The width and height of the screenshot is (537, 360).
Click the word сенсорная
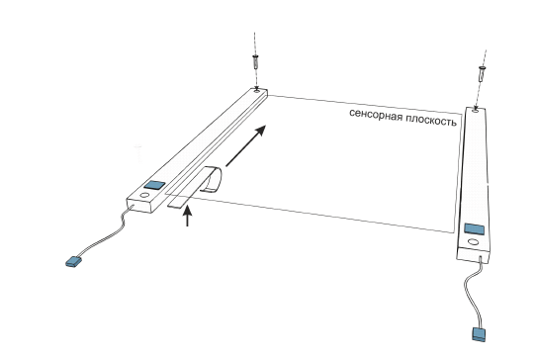[x=376, y=115]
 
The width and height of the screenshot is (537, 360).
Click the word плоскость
[x=431, y=121]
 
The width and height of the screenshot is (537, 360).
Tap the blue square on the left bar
[x=154, y=185]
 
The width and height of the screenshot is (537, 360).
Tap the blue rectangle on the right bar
[x=475, y=228]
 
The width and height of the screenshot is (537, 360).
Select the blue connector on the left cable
[x=73, y=262]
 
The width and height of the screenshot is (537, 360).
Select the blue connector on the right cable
[x=479, y=334]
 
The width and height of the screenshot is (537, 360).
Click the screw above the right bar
[x=483, y=74]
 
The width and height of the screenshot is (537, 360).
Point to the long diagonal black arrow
[x=245, y=146]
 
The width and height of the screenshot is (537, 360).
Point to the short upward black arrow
[x=187, y=216]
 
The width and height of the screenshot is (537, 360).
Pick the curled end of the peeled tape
[x=213, y=179]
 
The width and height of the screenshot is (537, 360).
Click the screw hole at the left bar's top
[x=256, y=90]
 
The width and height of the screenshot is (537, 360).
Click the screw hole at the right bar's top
[x=476, y=110]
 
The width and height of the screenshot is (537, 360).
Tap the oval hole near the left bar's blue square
[x=144, y=196]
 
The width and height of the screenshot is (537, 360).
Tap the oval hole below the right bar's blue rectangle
[x=473, y=242]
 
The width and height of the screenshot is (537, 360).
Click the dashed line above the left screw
[x=254, y=44]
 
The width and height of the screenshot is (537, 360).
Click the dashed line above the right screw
[x=485, y=58]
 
